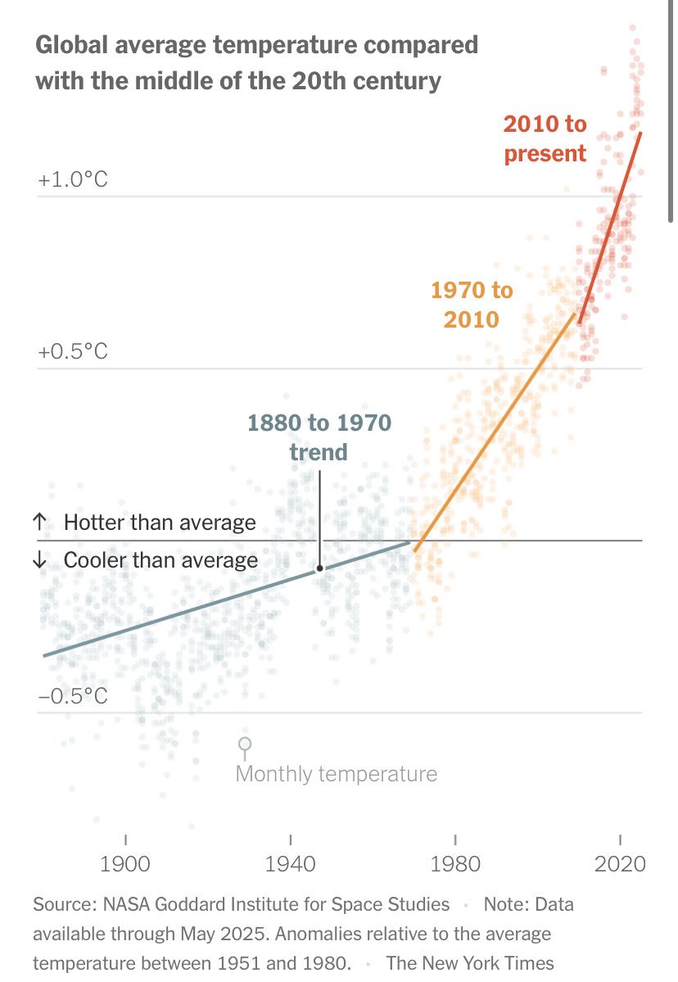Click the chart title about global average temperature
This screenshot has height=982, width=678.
(x=256, y=62)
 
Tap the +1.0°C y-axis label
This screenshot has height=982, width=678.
(x=72, y=179)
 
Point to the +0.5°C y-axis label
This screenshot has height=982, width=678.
(x=72, y=352)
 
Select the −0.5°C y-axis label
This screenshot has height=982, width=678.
(x=72, y=696)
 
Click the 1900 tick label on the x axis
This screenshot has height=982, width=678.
(x=125, y=865)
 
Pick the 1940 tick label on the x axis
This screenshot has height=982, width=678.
(x=291, y=865)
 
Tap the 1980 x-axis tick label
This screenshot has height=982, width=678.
(x=455, y=865)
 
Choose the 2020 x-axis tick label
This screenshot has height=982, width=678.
(x=620, y=865)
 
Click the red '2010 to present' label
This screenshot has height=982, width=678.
(x=545, y=138)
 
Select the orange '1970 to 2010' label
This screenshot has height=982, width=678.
(x=472, y=304)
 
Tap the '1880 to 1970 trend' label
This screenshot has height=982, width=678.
(x=319, y=437)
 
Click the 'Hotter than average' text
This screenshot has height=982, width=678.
(x=160, y=523)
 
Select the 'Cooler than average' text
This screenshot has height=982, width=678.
(x=160, y=560)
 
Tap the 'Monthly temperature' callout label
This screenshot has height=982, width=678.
(x=336, y=774)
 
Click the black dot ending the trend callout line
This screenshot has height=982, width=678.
(x=319, y=568)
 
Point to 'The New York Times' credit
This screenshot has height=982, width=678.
(x=470, y=962)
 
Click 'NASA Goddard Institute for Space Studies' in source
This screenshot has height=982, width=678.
(x=276, y=904)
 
